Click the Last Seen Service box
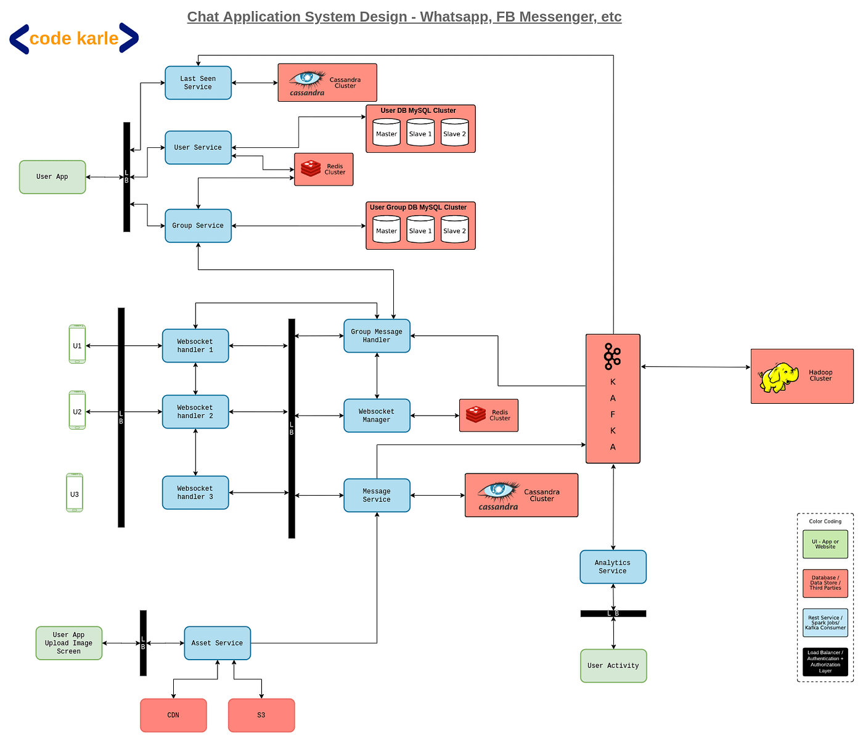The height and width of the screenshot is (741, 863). (198, 83)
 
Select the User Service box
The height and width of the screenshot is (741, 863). (198, 148)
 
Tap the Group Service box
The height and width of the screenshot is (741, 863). (198, 226)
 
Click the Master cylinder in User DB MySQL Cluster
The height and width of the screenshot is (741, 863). (387, 133)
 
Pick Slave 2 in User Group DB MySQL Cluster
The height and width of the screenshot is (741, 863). (454, 229)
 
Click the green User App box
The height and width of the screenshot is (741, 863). (52, 177)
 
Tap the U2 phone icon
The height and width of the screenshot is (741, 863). (77, 411)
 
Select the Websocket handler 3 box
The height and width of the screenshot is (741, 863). (195, 493)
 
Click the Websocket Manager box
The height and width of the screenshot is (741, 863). (377, 416)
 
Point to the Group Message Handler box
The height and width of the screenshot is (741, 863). (377, 336)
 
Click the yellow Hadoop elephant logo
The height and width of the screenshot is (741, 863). (779, 377)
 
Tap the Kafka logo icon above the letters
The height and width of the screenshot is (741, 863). (611, 356)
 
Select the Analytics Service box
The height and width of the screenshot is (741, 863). (613, 567)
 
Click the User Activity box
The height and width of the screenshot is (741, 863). (613, 666)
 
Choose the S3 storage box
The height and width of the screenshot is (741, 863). (261, 715)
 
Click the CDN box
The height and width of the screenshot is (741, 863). (173, 715)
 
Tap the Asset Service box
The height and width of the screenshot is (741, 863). (217, 643)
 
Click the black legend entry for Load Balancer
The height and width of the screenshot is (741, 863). (825, 661)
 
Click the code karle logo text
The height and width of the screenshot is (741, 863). (74, 39)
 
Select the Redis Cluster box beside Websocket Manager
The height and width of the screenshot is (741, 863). (488, 416)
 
